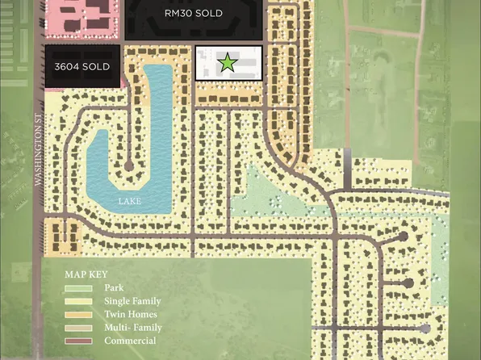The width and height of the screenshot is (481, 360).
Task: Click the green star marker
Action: point(228,62)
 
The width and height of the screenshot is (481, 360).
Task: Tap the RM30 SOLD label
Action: point(194,14)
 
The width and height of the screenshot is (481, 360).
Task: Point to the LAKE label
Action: point(130,200)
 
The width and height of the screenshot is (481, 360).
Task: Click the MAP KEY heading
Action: point(86,274)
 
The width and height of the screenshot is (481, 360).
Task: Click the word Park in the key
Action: point(114,287)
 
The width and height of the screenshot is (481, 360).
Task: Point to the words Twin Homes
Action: point(131,315)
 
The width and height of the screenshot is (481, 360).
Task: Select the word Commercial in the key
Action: point(130,341)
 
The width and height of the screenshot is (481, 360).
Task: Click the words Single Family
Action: point(133,301)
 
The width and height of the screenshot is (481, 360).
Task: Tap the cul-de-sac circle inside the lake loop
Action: point(129,166)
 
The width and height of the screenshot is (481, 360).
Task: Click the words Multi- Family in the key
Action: point(133,328)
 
